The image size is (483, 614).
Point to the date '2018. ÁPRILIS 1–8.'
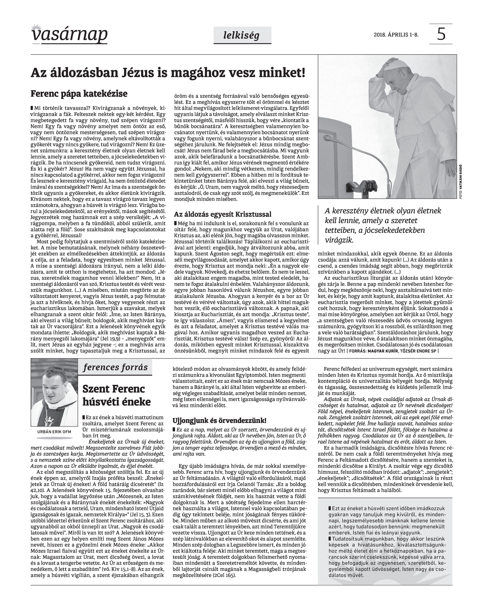(x=396, y=35)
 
